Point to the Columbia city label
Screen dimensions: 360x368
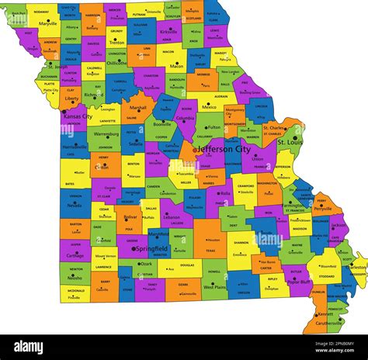[186, 119]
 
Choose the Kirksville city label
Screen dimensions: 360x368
[169, 32]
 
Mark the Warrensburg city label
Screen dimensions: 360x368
[106, 133]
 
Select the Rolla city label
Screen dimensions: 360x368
[224, 193]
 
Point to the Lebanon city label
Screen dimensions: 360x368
[172, 216]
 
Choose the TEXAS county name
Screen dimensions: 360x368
[210, 251]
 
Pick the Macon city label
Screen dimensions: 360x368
[177, 67]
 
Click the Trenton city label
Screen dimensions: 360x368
[116, 43]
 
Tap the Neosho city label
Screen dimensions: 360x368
[76, 277]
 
